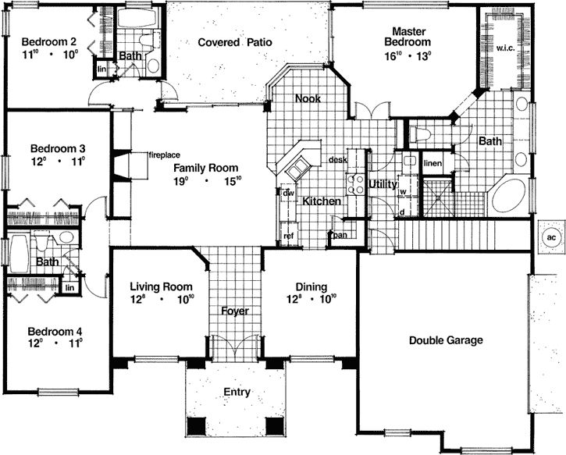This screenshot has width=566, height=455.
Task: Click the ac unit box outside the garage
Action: tap(550, 237)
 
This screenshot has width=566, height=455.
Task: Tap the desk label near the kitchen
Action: tap(337, 159)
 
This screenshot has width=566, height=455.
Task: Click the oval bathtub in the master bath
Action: tap(511, 197)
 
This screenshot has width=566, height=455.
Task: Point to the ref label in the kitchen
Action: tap(288, 235)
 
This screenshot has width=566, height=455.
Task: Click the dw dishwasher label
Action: tap(287, 193)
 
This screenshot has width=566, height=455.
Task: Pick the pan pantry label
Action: tap(340, 234)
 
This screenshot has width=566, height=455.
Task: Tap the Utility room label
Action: tap(383, 184)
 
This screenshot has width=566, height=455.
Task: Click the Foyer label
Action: tap(234, 311)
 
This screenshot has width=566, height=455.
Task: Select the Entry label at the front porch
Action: tap(237, 392)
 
